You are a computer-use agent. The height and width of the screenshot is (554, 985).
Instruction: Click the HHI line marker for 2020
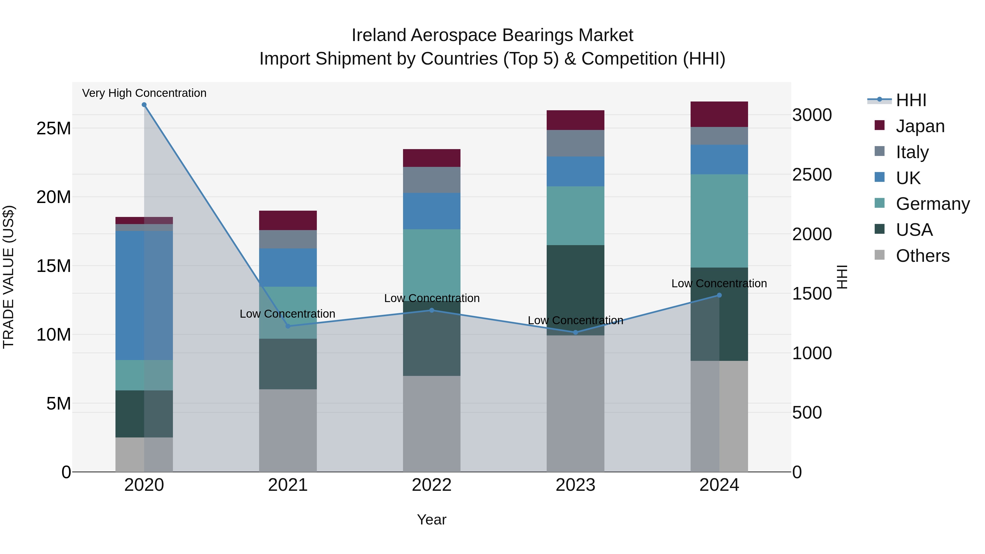(x=144, y=105)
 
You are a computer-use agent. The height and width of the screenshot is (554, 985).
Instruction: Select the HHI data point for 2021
(x=288, y=326)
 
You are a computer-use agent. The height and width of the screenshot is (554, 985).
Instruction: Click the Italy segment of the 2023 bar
(x=575, y=143)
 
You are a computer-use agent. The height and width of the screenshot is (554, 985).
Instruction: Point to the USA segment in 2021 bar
(x=288, y=364)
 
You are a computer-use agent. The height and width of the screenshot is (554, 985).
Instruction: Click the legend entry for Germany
(x=933, y=204)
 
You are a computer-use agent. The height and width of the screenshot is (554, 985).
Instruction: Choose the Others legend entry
(x=922, y=256)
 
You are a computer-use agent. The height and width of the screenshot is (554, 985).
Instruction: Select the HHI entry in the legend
(x=911, y=100)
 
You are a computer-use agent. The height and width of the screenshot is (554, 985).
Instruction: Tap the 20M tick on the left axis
(x=54, y=197)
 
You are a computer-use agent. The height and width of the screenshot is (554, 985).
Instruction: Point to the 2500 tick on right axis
(x=812, y=175)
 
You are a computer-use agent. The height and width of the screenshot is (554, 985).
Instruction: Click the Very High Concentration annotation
(x=144, y=93)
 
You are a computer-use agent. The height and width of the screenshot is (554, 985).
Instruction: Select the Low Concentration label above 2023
(x=575, y=320)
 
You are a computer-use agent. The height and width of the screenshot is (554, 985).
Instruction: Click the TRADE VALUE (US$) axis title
(x=8, y=277)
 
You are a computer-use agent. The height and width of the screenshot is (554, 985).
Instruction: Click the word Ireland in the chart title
(x=379, y=35)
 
